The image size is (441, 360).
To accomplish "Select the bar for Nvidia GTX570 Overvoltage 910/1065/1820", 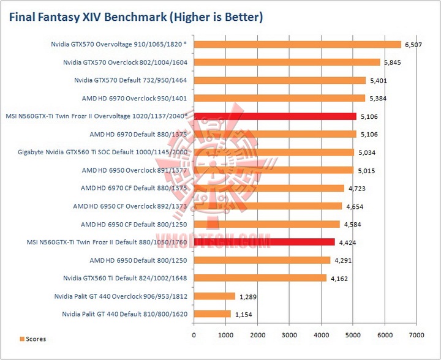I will coord(298,44).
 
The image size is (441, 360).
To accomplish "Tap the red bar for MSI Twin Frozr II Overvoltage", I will coord(275,116).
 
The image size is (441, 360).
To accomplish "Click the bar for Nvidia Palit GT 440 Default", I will coord(213,313).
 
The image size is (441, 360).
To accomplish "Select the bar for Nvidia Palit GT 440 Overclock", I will coord(215,296).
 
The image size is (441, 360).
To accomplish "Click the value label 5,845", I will coord(393,62).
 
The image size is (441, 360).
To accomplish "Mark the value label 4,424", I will coord(347,242).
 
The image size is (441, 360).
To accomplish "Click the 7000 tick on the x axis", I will coord(417,335).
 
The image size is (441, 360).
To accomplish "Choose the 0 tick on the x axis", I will coord(194,335).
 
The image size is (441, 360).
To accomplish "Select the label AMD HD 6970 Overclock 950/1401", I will coord(134,98).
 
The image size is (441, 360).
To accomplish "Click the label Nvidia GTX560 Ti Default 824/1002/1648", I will coord(125,278).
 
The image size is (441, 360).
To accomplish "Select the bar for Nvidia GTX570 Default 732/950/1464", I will coord(280,80).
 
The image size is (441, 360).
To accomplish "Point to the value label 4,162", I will coord(339,279).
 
